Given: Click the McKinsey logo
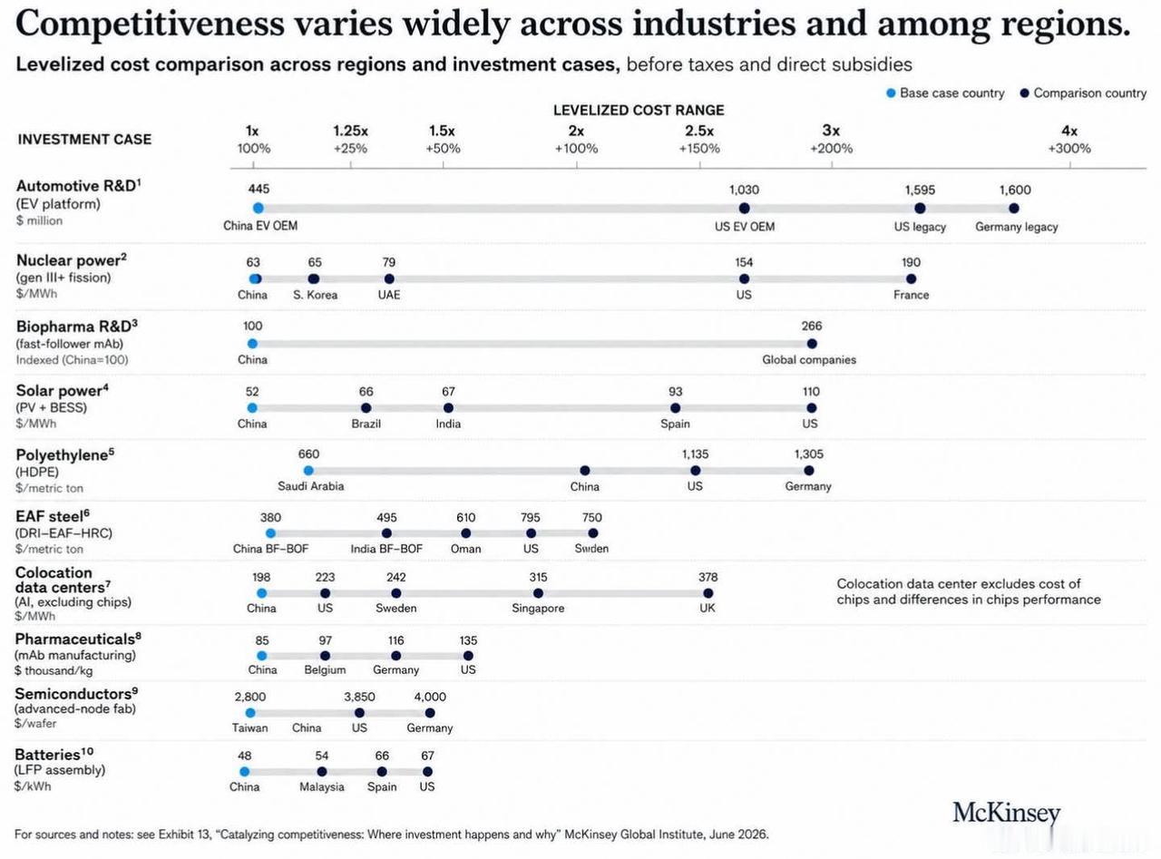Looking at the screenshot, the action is [1006, 813].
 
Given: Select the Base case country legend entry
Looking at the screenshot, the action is [945, 93].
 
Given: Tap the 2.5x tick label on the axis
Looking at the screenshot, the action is [699, 131].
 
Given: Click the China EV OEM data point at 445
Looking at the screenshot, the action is [259, 208].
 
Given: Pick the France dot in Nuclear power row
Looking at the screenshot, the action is [912, 278].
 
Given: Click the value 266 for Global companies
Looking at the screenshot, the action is [811, 326].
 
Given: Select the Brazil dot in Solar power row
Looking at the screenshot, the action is [366, 408].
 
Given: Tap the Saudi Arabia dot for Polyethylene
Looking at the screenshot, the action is [308, 470].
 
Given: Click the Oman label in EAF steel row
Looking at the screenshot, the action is [466, 549].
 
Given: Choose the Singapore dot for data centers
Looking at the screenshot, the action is [538, 593].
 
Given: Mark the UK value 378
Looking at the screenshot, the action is [707, 577].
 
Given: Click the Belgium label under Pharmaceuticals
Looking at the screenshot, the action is [325, 669].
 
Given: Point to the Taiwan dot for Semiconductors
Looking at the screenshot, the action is [250, 712].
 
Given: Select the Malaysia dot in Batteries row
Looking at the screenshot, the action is [322, 772].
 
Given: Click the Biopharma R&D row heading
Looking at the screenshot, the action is [76, 327].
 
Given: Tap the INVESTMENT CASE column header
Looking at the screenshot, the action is [84, 140].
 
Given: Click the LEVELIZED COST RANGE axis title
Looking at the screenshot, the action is [639, 110].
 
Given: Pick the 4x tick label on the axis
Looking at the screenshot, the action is [1069, 131].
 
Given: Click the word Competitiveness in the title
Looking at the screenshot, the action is [150, 24].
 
